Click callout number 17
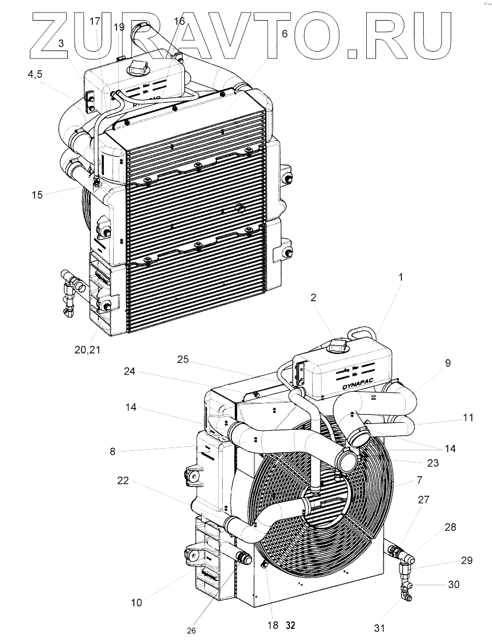95,22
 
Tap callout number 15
37,195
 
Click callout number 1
401,278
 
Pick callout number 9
447,363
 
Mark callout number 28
450,527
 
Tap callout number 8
113,451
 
